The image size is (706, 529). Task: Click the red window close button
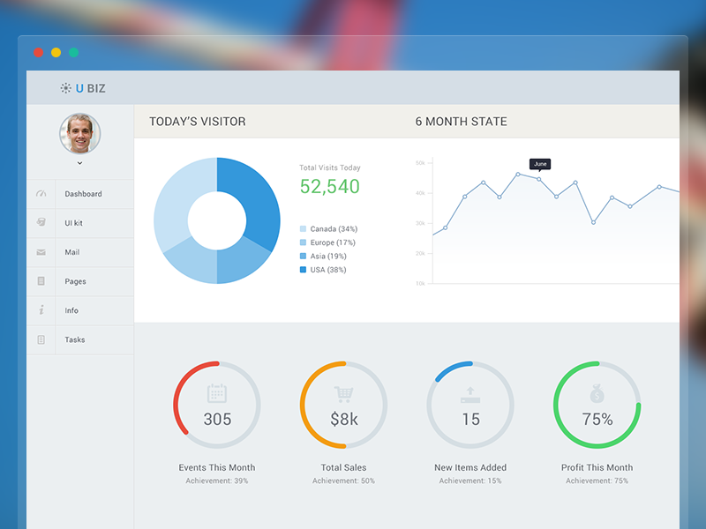(x=38, y=53)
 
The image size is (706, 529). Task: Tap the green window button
(x=74, y=53)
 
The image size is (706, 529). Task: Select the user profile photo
(x=79, y=133)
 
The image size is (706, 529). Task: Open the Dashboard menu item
(x=83, y=194)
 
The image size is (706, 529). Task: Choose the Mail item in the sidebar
(x=71, y=252)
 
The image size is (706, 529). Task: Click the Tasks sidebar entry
(x=74, y=339)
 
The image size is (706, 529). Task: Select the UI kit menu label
(x=73, y=223)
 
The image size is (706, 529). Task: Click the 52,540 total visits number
(x=329, y=186)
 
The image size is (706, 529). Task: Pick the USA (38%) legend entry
(x=327, y=270)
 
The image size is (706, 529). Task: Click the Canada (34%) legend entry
(x=334, y=229)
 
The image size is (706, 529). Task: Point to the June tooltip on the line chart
(x=540, y=164)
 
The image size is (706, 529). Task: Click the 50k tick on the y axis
(x=420, y=163)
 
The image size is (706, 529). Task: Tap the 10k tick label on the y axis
(x=420, y=283)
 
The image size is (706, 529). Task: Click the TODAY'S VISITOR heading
(x=198, y=122)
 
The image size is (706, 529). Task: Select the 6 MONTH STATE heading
(x=462, y=122)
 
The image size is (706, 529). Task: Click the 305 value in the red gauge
(x=217, y=419)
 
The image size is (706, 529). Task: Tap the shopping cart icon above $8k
(x=343, y=394)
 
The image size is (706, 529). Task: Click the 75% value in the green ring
(x=597, y=420)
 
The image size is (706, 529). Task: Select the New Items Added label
(x=470, y=467)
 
